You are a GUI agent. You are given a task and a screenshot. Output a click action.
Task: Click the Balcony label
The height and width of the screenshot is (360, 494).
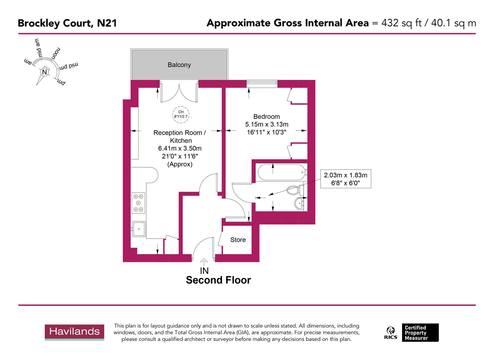coord(179,65)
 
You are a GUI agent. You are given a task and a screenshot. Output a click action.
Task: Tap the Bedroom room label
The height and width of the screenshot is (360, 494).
coord(266,117)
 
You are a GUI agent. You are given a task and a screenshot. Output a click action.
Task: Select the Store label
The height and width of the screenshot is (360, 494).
coord(238,240)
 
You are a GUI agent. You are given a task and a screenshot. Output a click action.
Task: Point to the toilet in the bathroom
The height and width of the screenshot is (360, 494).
coord(295,190)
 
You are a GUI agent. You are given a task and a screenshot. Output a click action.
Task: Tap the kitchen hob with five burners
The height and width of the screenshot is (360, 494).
coord(138,203)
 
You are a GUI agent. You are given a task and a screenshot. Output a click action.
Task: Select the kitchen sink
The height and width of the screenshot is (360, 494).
coord(139,229)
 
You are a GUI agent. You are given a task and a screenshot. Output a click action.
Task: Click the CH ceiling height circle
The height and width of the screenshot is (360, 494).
coord(181,114)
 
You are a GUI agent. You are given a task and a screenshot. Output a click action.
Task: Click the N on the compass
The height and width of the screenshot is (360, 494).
coord(44,72)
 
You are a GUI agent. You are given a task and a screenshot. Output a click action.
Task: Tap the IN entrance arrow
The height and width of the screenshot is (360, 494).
coord(204,262)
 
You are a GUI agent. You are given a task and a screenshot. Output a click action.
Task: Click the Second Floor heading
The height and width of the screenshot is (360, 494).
coord(218,280)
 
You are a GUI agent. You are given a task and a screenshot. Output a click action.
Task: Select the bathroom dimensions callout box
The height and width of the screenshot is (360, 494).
coord(345,179)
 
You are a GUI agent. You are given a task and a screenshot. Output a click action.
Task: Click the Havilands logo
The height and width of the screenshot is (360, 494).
coord(74,332)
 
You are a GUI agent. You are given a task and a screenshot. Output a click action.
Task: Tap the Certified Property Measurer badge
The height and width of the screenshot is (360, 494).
coord(420,332)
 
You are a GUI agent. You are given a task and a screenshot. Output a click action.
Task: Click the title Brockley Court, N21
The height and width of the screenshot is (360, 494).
coord(67,23)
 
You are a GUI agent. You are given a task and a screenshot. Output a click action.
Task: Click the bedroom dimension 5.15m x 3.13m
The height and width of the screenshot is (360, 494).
coord(266,124)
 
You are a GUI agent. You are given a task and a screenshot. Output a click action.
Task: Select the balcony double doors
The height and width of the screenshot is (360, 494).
coord(179,93)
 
